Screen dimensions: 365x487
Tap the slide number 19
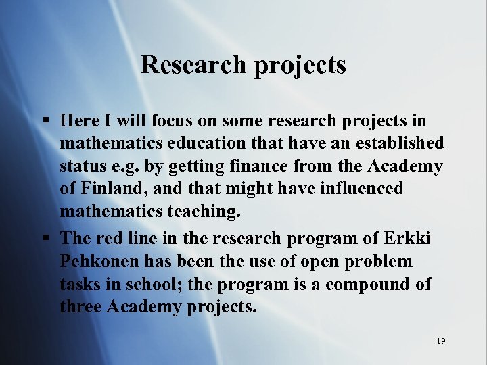440,341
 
